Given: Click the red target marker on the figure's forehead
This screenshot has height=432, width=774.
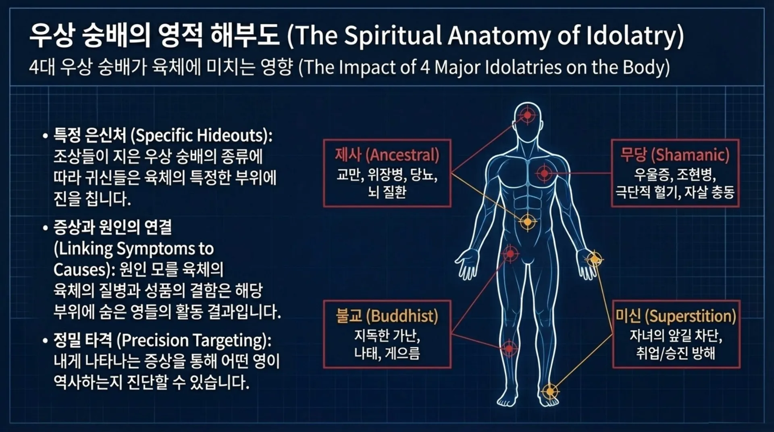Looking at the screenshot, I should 527,115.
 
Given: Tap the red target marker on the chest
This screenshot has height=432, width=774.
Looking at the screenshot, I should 544,173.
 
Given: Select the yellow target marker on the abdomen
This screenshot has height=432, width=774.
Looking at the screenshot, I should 527,221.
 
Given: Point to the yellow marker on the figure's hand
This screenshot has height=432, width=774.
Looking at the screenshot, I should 594,259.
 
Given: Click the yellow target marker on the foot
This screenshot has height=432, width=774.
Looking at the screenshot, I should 550,391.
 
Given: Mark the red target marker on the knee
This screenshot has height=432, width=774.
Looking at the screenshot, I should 509,349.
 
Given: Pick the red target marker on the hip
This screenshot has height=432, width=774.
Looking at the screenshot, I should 510,254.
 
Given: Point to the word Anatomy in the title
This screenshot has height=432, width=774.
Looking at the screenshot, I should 499,35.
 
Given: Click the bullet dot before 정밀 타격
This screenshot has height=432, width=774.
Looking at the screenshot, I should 46,341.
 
